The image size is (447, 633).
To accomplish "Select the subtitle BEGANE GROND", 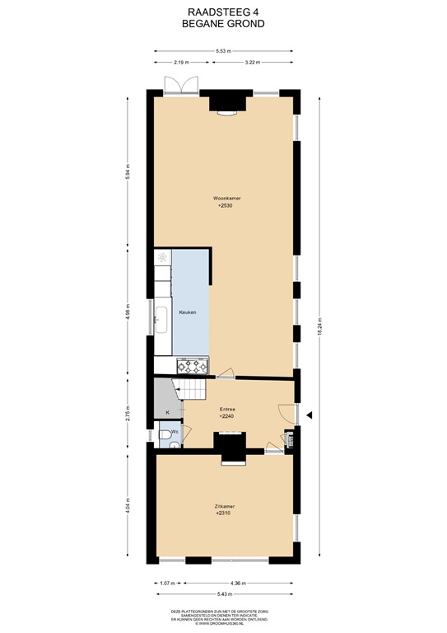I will [x=223, y=25].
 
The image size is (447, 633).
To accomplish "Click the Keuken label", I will [x=188, y=313].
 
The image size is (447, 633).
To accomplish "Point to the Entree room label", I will [x=227, y=409].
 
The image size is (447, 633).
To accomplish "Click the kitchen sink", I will [x=161, y=314].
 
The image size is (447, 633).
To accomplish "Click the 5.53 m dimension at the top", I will [x=223, y=51].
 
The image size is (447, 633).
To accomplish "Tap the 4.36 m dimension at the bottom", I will [x=237, y=584].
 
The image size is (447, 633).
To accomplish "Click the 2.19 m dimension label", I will [x=181, y=63].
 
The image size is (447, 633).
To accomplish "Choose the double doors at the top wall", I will [x=180, y=85].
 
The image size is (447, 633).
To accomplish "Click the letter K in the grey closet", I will [x=167, y=412].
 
